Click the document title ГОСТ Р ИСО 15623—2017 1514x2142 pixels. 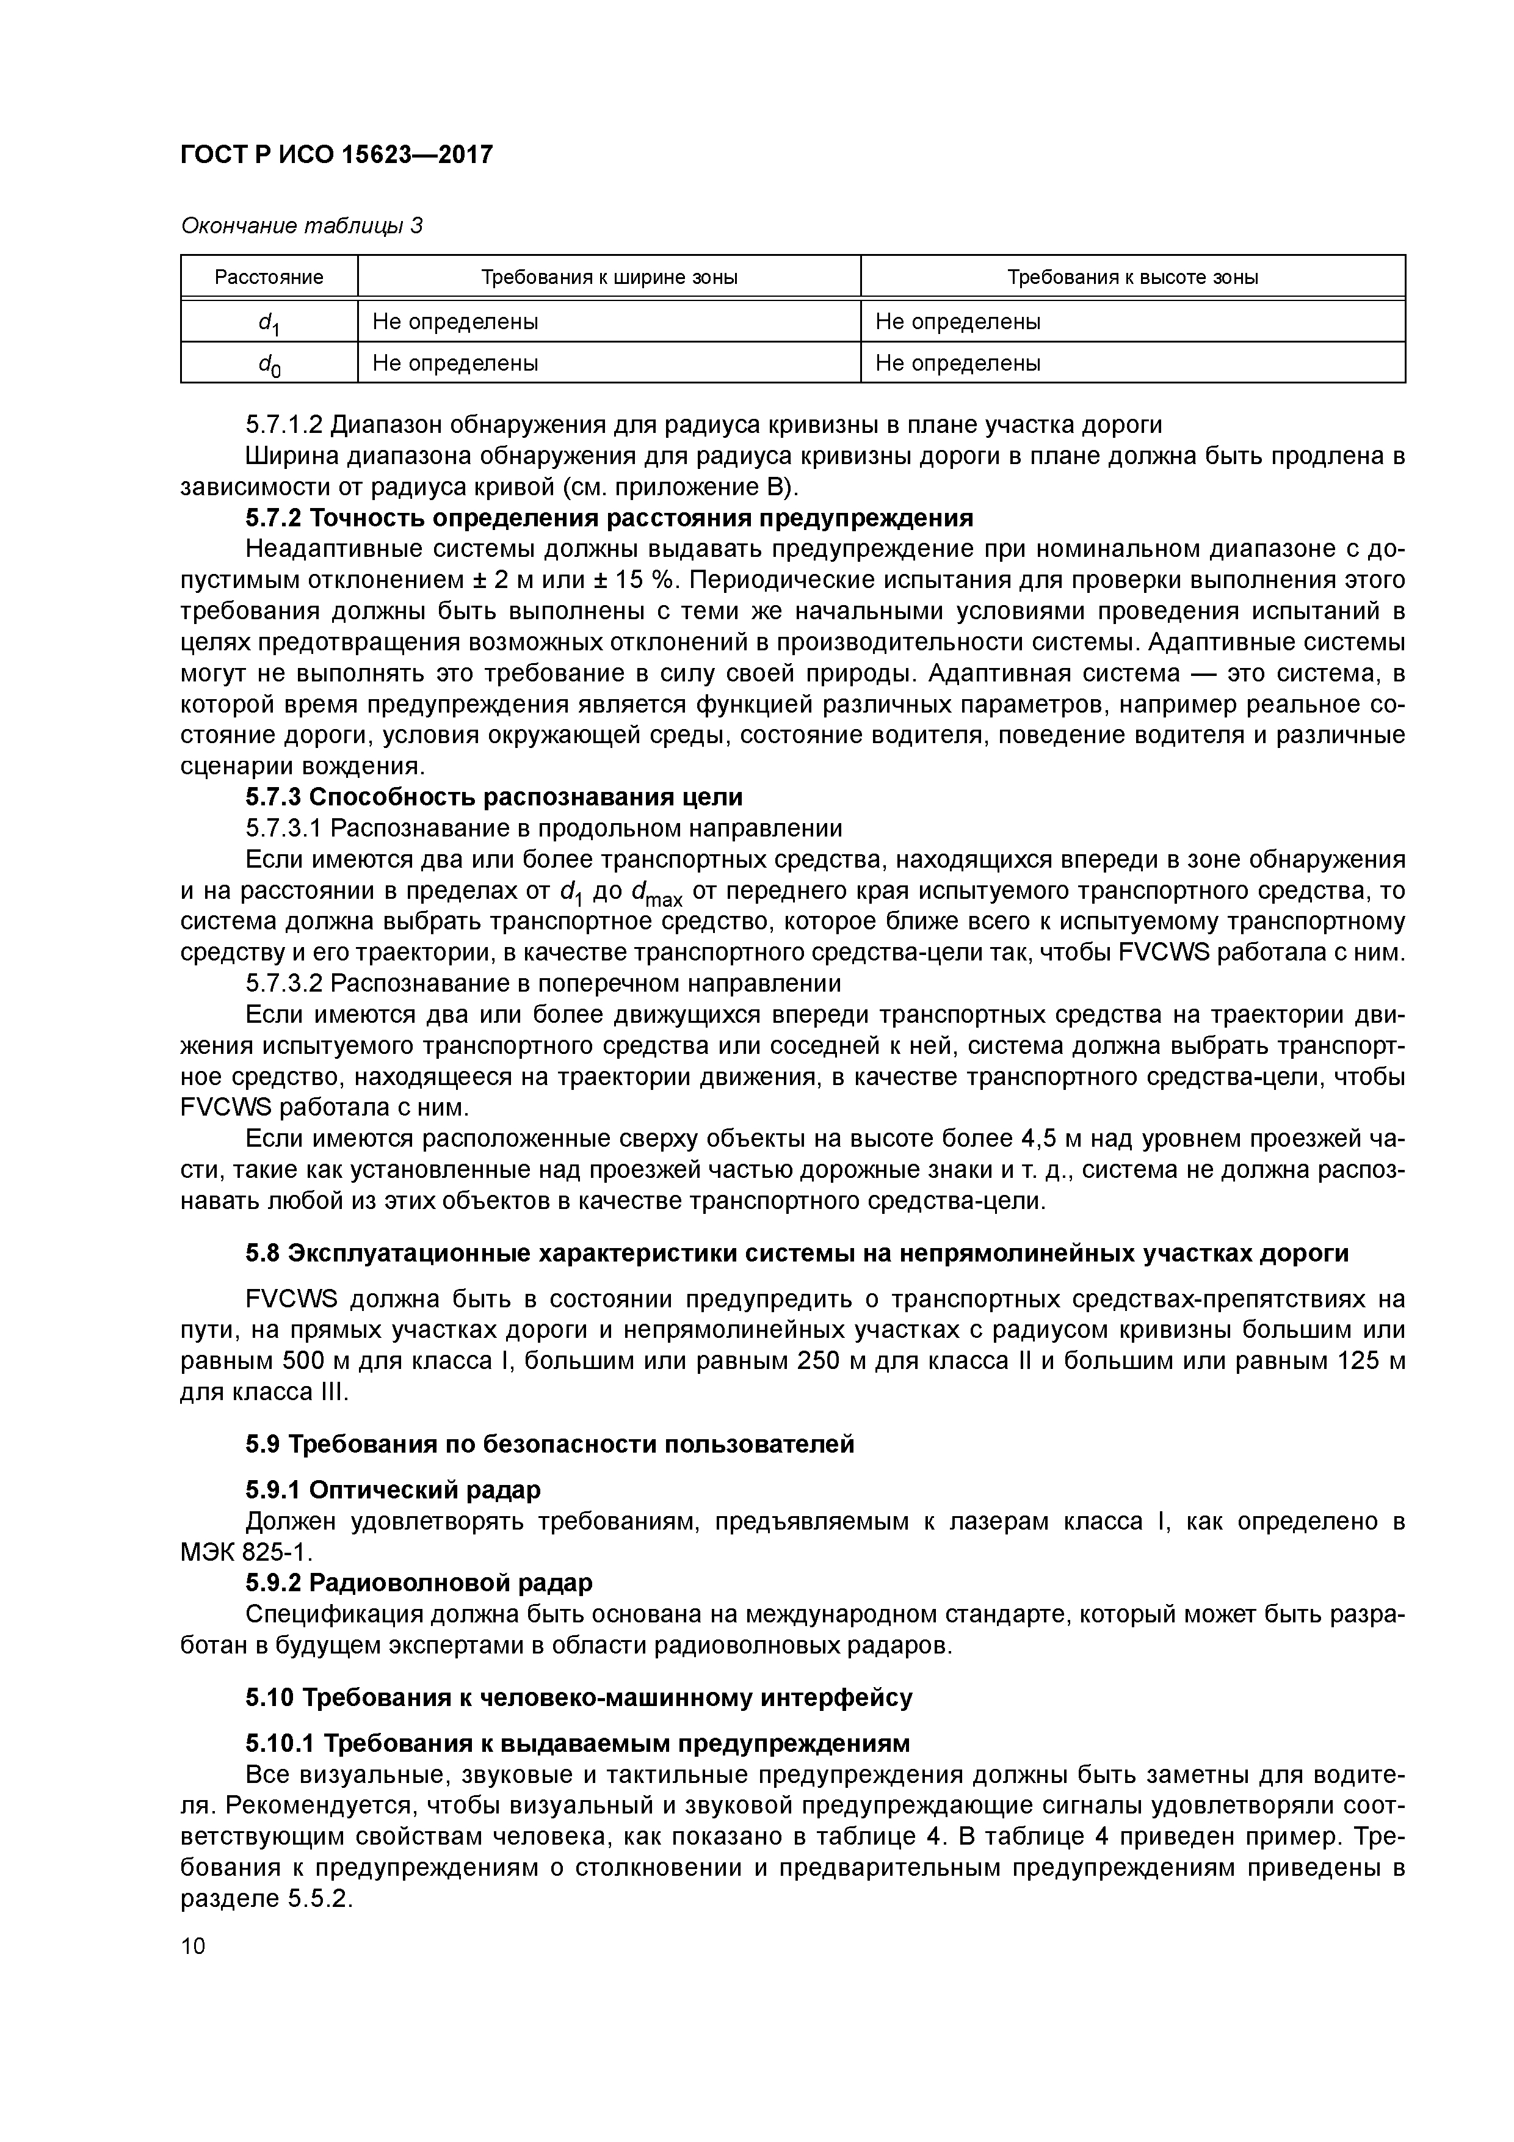[336, 155]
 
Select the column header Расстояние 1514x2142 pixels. [269, 277]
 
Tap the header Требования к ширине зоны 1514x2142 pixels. [609, 277]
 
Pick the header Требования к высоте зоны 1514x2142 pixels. [1132, 277]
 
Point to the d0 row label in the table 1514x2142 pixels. [269, 364]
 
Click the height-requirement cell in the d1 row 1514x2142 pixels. [957, 322]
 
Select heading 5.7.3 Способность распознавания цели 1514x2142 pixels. [494, 797]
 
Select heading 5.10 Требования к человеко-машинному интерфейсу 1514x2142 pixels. [578, 1697]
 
